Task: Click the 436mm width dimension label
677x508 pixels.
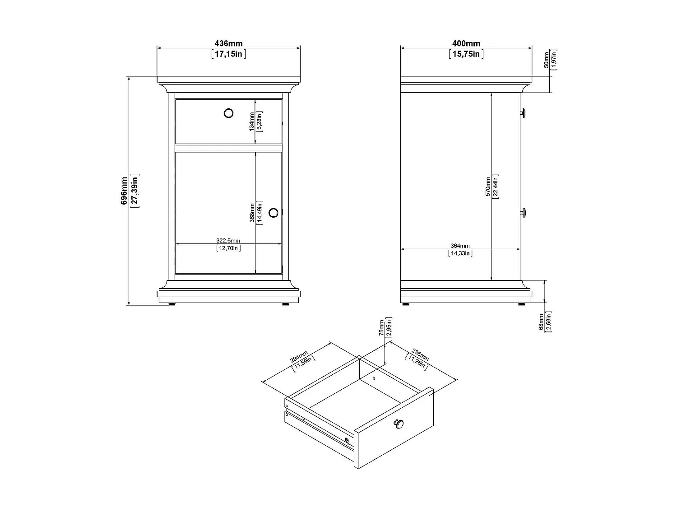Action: tap(228, 44)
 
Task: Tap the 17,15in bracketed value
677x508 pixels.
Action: tap(228, 54)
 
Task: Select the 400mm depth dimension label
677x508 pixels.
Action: tap(466, 44)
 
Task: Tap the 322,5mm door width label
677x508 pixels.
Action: tap(228, 240)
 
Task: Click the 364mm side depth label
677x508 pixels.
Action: tap(460, 246)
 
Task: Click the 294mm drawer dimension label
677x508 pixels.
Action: tap(298, 358)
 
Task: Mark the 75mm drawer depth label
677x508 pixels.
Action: tap(381, 328)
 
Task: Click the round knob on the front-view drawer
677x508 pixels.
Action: tap(229, 113)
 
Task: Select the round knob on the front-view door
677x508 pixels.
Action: tap(274, 213)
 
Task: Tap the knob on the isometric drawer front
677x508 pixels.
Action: tap(398, 423)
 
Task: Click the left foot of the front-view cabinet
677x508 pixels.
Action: tap(172, 304)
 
